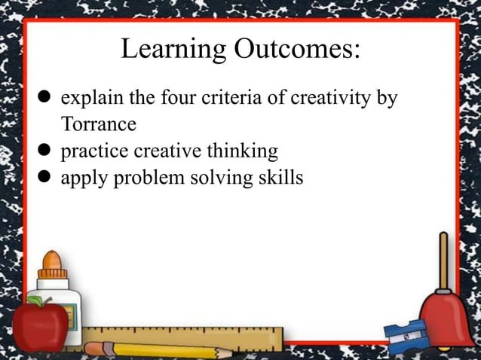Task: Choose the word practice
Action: coord(95,151)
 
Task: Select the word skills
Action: coord(279,178)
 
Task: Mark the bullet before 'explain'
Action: coord(45,99)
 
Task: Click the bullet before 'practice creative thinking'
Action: coord(45,151)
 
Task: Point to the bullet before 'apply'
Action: coord(45,178)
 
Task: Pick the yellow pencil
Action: coord(151,349)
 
